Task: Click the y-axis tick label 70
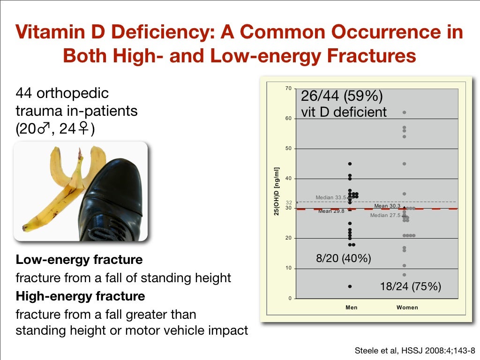pos(288,88)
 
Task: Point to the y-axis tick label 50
pos(288,149)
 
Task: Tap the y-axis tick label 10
pos(288,269)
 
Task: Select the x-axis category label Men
pos(351,307)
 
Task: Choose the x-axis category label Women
pos(407,307)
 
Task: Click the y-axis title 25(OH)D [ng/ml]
pos(277,192)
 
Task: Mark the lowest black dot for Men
pos(350,286)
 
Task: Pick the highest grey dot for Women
pos(404,112)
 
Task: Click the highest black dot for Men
pos(350,164)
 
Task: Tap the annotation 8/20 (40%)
pos(344,258)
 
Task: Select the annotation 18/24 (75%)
pos(410,287)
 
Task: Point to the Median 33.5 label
pos(331,197)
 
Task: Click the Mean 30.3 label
pos(387,206)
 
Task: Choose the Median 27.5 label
pos(385,215)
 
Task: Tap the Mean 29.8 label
pos(331,211)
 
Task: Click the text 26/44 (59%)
pos(342,97)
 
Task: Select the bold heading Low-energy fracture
pos(79,259)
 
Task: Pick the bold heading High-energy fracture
pos(80,296)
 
